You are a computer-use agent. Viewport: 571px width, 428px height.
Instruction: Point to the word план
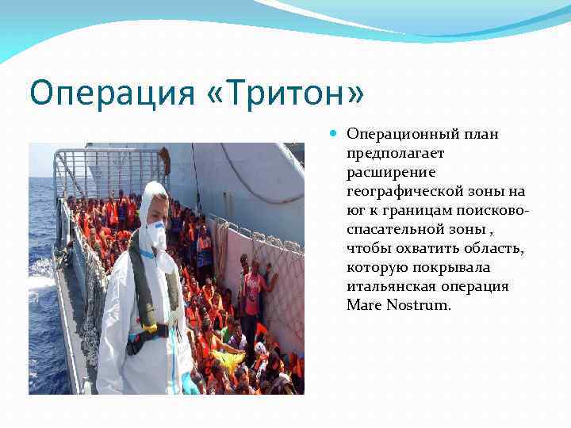point(476,134)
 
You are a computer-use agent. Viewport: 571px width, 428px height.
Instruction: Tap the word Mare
point(362,305)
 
